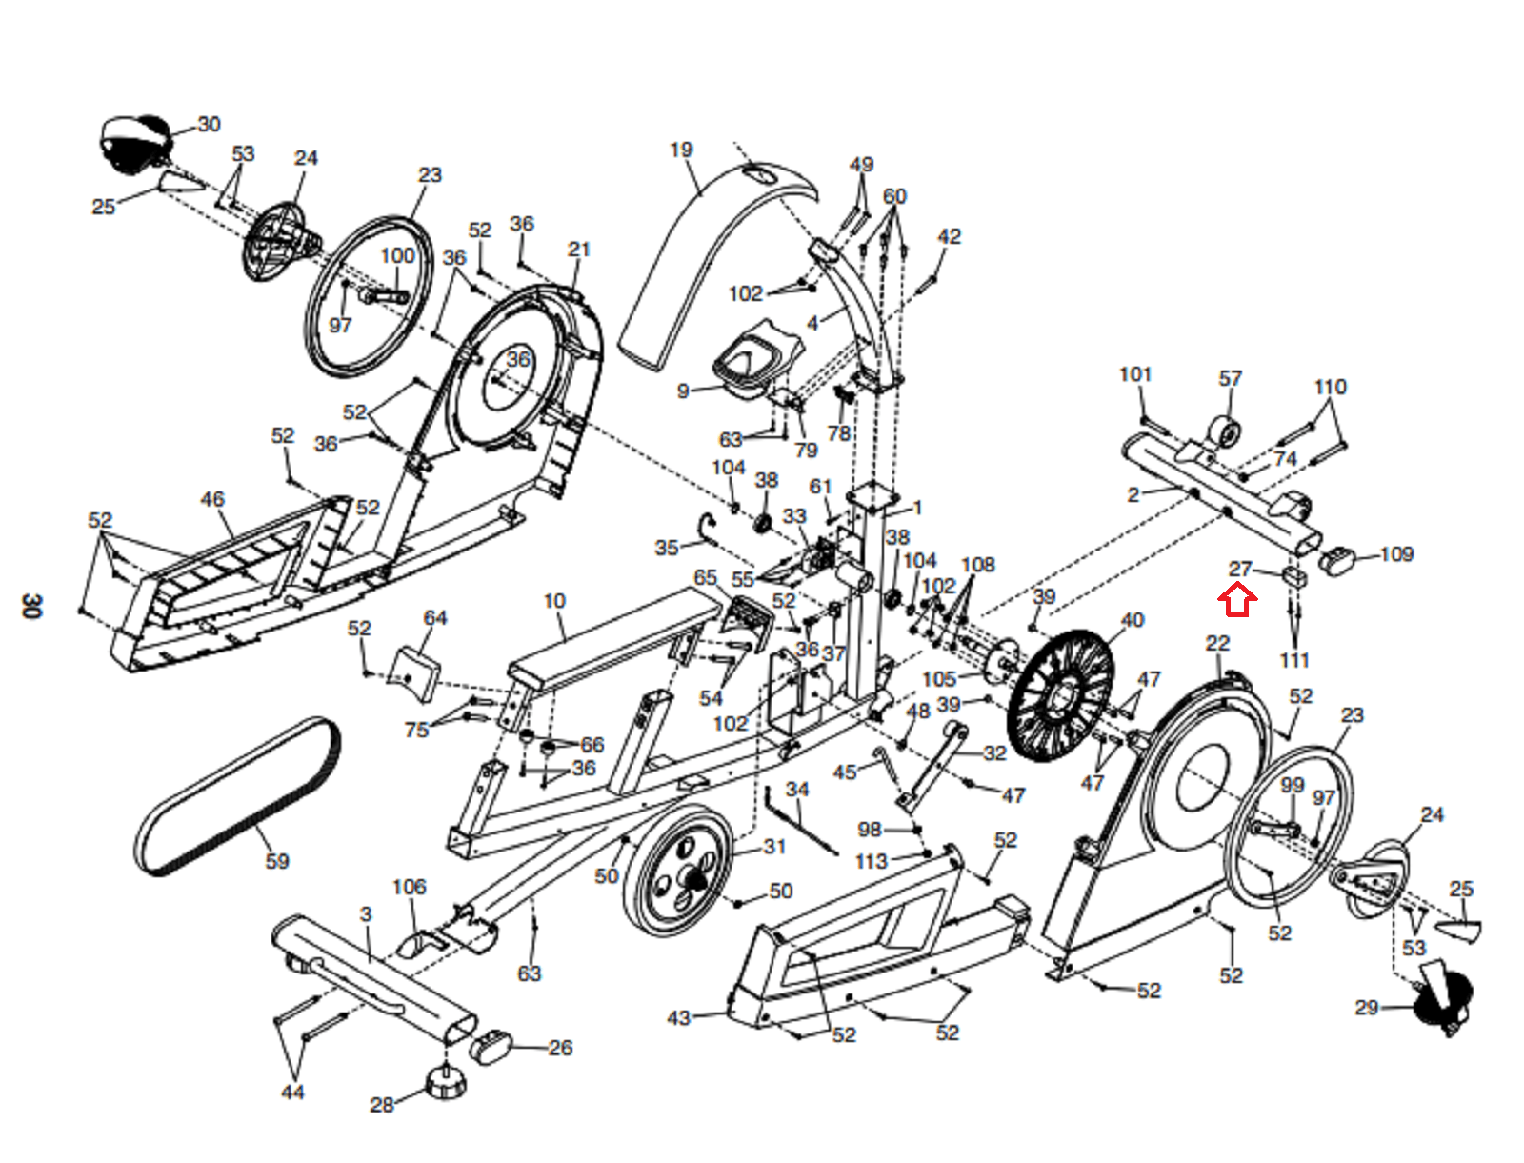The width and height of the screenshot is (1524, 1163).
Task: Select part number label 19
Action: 681,150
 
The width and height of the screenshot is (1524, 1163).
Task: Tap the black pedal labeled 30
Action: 134,143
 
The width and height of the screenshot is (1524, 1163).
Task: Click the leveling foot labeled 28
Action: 446,1082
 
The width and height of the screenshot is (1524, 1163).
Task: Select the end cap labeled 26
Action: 491,1046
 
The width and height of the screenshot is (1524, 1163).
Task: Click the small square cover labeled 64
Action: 416,672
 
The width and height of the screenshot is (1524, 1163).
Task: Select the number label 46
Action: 212,499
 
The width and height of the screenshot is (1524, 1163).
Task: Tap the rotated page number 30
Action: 31,606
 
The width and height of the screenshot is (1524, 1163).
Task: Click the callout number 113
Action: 871,861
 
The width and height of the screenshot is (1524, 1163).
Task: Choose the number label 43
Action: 678,1017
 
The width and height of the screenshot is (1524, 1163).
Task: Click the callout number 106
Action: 409,887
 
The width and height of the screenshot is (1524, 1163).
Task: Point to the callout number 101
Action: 1134,374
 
